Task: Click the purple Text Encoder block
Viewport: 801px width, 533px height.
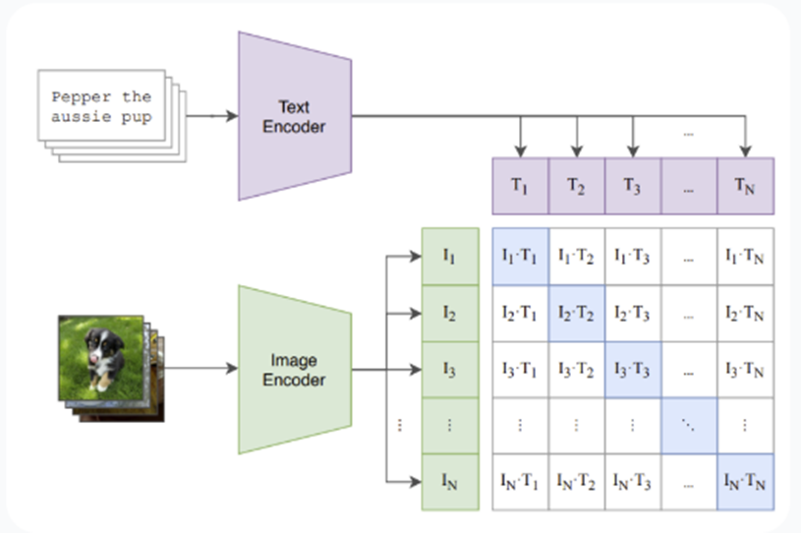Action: click(x=294, y=115)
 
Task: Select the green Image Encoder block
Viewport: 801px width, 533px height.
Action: click(x=294, y=370)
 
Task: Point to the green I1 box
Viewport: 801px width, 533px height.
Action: click(x=449, y=258)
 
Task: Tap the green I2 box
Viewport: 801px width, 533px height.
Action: click(x=449, y=314)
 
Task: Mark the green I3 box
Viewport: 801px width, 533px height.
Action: click(x=449, y=370)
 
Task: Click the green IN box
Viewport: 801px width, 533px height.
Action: click(x=449, y=482)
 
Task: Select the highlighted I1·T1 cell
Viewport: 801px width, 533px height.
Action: click(x=520, y=258)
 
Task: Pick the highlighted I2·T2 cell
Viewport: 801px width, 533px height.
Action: click(x=576, y=314)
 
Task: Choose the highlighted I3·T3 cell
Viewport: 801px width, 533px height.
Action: click(x=632, y=370)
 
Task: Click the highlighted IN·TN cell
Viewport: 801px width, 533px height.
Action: click(x=746, y=482)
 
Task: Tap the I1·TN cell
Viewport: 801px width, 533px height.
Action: click(x=746, y=258)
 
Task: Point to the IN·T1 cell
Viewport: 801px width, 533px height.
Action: click(x=520, y=482)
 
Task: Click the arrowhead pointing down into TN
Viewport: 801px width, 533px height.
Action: click(x=746, y=151)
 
